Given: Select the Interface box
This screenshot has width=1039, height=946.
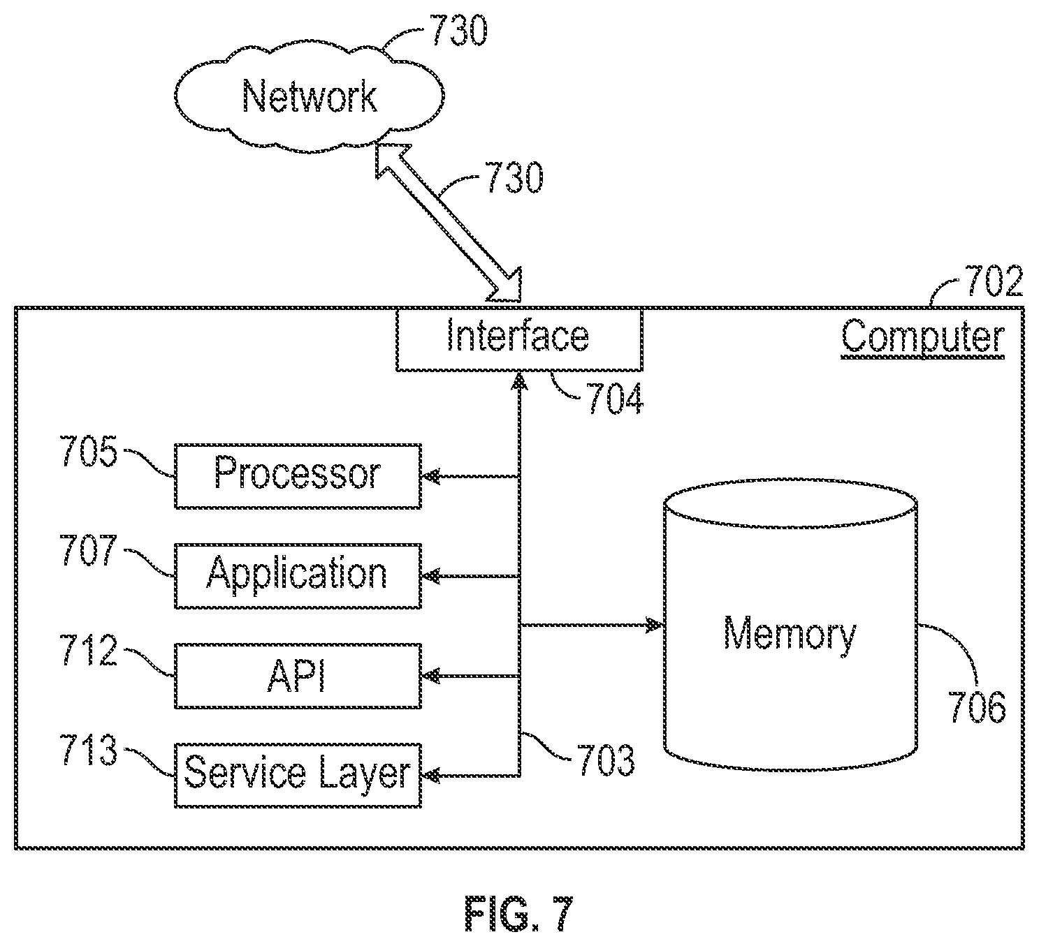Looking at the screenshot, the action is click(519, 339).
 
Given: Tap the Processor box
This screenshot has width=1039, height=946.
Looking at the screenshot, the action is click(298, 476).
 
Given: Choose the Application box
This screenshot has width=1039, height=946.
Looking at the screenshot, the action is click(298, 576).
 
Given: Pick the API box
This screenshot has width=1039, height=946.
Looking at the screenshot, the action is click(298, 676).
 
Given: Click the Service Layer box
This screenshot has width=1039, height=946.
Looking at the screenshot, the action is click(298, 775).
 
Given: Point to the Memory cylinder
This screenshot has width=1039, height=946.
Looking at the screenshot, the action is click(791, 626).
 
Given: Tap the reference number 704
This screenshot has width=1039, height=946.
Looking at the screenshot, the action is click(615, 399).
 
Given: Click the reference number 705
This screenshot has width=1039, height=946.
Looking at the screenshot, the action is click(89, 451).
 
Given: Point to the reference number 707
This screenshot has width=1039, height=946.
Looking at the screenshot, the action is click(89, 551).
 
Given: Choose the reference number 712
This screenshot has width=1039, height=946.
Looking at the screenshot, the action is click(89, 651).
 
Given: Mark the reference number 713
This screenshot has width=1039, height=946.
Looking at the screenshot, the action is click(89, 750).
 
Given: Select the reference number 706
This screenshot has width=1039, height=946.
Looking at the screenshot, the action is click(978, 707).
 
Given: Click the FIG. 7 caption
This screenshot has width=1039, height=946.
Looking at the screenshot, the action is click(519, 914).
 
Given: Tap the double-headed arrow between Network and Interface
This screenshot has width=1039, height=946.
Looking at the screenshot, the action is click(449, 222).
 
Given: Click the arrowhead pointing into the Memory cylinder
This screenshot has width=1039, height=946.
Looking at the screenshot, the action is click(653, 625).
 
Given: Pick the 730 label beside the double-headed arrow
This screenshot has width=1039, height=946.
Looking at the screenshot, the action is click(514, 177).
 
